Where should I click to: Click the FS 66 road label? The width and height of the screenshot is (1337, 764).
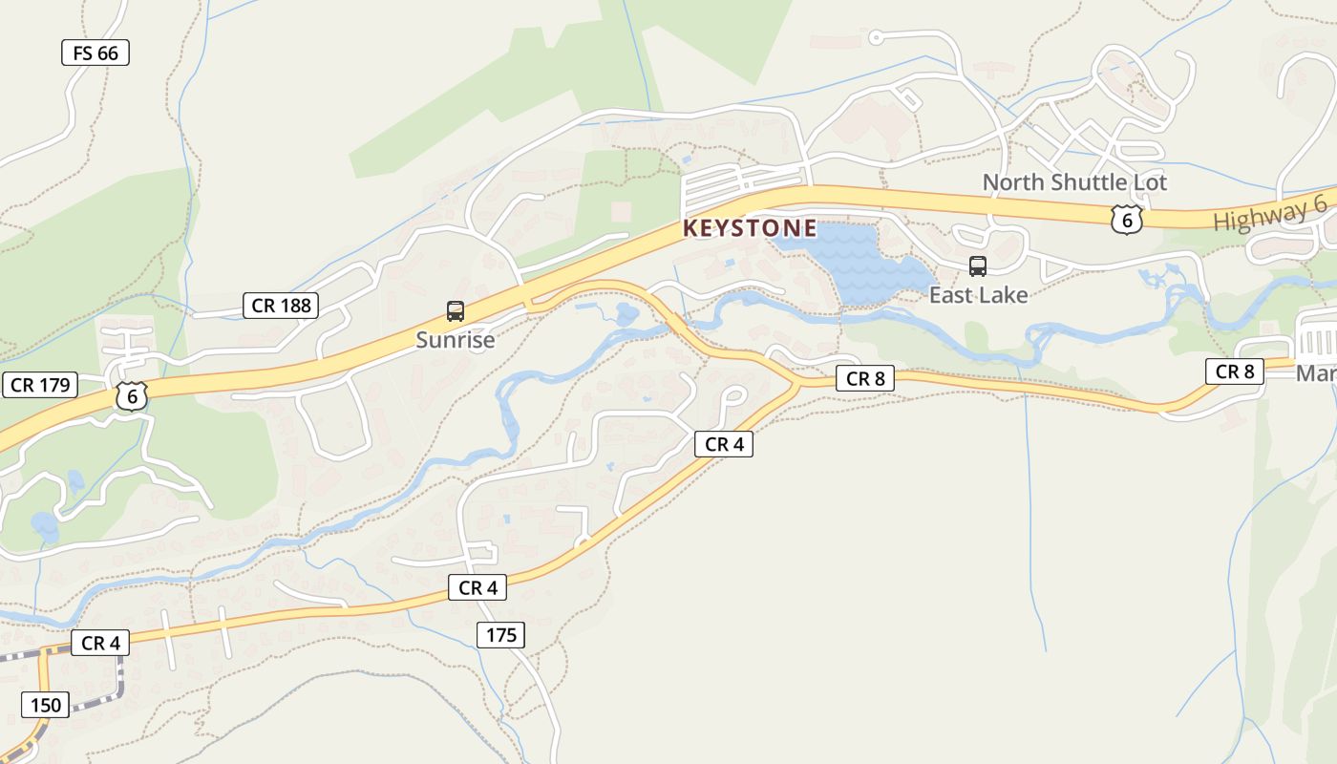(95, 53)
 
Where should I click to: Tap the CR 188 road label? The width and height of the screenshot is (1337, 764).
(280, 306)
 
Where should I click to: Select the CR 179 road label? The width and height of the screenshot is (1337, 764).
(39, 385)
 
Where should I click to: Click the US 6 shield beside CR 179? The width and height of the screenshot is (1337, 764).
(132, 396)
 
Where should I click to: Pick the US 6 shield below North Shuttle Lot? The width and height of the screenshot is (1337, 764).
(1127, 219)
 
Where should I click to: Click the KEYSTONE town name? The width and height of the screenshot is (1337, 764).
(750, 228)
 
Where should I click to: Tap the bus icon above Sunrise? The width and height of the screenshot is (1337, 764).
(456, 311)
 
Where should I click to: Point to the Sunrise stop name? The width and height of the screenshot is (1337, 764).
(456, 340)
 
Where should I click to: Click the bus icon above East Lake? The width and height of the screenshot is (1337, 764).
(978, 266)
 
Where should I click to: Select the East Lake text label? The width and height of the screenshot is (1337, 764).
(978, 295)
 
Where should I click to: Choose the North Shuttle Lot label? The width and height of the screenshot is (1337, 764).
(1074, 182)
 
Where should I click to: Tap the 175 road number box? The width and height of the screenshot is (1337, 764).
(501, 634)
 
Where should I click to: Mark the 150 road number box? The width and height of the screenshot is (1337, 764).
(45, 706)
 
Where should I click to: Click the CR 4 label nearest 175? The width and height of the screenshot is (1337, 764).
(477, 587)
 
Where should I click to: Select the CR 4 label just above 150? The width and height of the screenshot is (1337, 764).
(99, 643)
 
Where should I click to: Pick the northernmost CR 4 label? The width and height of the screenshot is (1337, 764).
(723, 443)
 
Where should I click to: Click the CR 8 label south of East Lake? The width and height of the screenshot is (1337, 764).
(866, 378)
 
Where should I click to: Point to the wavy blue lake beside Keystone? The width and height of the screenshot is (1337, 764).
(859, 263)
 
